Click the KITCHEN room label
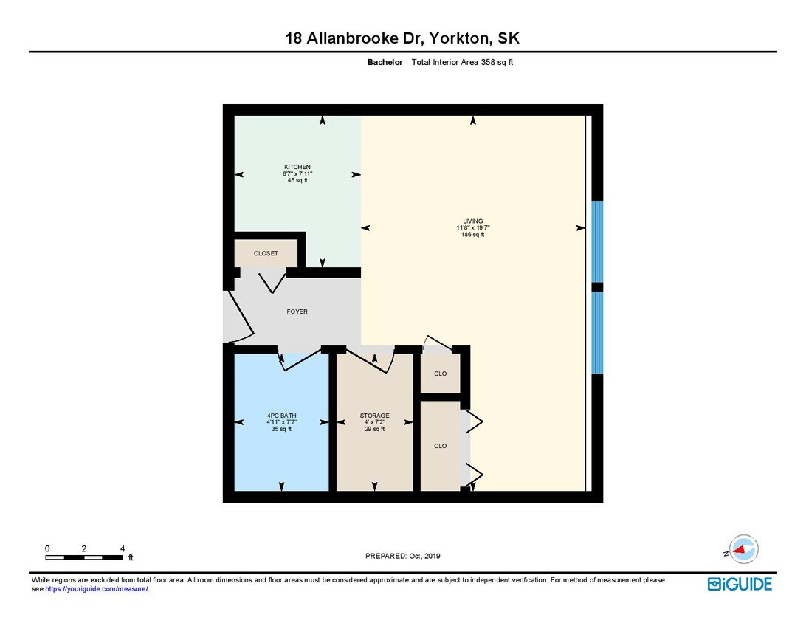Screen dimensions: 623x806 point(297,167)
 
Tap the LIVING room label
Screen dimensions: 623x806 point(472,221)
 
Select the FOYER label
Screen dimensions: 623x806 point(297,311)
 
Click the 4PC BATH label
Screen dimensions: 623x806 point(281,416)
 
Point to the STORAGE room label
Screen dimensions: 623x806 point(374,416)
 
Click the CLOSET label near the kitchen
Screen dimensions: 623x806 point(266,253)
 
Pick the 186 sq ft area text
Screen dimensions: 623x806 point(472,235)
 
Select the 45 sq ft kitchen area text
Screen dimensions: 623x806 point(297,180)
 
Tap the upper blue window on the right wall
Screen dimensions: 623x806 point(598,241)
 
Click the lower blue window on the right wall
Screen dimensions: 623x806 point(598,333)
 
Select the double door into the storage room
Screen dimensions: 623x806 point(369,360)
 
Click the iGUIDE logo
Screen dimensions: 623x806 point(740,584)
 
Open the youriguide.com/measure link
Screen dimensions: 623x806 point(97,589)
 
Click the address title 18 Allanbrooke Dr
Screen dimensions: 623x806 point(407,38)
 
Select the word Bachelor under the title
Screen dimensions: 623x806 point(385,63)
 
